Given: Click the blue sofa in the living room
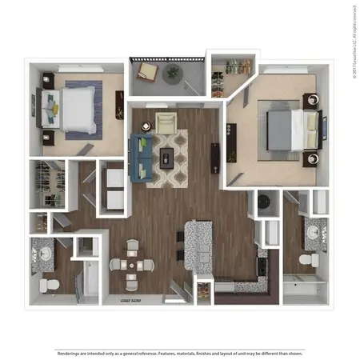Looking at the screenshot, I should coord(145,156).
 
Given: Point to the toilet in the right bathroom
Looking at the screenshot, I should coord(306,261).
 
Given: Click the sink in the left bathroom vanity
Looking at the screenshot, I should coord(42,254).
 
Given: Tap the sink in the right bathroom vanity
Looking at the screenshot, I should coord(314,232).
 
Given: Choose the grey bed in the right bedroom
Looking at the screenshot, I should coord(286,128).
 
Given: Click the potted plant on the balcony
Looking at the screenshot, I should coord(173,73).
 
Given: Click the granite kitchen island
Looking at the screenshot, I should coord(198,244).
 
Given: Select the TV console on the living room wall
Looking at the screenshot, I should coord(215,158).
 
